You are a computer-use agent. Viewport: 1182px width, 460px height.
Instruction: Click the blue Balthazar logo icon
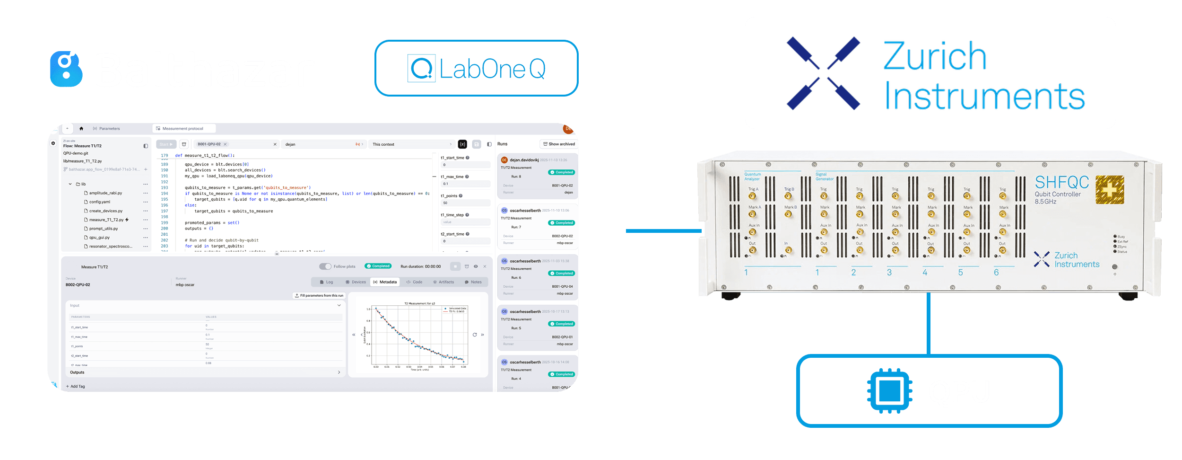(x=66, y=69)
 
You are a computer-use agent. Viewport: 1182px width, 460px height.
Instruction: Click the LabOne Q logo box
(x=476, y=69)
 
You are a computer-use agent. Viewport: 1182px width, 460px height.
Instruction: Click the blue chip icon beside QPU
(x=889, y=391)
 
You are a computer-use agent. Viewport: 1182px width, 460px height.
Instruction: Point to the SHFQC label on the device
(x=1061, y=182)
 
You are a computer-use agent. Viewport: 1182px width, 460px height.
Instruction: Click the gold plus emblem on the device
(x=1109, y=190)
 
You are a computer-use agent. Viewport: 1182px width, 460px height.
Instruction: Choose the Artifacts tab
(x=443, y=282)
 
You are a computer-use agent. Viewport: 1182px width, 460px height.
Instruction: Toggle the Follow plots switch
(x=325, y=266)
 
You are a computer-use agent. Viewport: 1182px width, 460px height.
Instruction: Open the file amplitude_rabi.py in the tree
(x=105, y=193)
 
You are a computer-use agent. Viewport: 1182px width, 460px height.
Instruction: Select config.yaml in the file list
(x=99, y=202)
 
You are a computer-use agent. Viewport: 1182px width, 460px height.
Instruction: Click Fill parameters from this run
(x=319, y=296)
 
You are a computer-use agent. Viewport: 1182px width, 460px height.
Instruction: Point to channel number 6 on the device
(x=996, y=273)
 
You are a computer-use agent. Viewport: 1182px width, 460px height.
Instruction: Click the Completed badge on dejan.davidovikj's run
(x=561, y=172)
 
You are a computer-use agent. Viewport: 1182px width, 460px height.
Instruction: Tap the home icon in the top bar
(x=81, y=129)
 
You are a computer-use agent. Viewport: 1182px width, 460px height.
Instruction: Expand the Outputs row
(x=339, y=372)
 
